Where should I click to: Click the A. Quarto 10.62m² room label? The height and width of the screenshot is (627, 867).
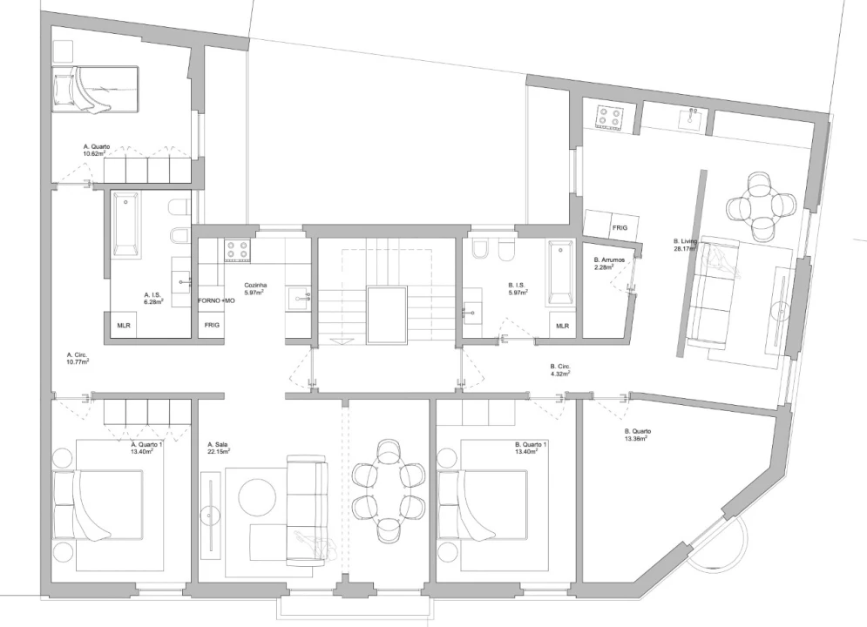pyautogui.click(x=97, y=151)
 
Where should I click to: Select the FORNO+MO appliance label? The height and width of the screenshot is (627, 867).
pyautogui.click(x=217, y=301)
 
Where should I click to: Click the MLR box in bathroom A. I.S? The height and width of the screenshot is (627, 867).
pyautogui.click(x=124, y=326)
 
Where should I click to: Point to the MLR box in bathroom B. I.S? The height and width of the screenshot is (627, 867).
pyautogui.click(x=562, y=326)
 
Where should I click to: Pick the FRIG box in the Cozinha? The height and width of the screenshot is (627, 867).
pyautogui.click(x=212, y=325)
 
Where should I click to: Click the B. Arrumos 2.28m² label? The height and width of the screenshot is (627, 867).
pyautogui.click(x=609, y=264)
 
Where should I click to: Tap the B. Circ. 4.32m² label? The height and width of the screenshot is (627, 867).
pyautogui.click(x=560, y=369)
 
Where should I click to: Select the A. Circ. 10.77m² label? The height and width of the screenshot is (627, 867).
pyautogui.click(x=78, y=358)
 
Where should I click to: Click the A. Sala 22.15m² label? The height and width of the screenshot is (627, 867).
pyautogui.click(x=219, y=448)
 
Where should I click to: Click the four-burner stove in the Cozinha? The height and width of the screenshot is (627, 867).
pyautogui.click(x=238, y=250)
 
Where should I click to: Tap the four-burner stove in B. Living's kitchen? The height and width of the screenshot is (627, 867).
pyautogui.click(x=610, y=116)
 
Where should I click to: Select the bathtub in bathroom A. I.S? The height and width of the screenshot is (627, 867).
pyautogui.click(x=125, y=225)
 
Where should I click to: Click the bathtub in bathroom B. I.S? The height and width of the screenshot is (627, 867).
pyautogui.click(x=562, y=273)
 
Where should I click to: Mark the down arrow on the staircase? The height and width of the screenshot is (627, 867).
pyautogui.click(x=335, y=340)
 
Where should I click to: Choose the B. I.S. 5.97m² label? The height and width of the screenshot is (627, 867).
pyautogui.click(x=518, y=289)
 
